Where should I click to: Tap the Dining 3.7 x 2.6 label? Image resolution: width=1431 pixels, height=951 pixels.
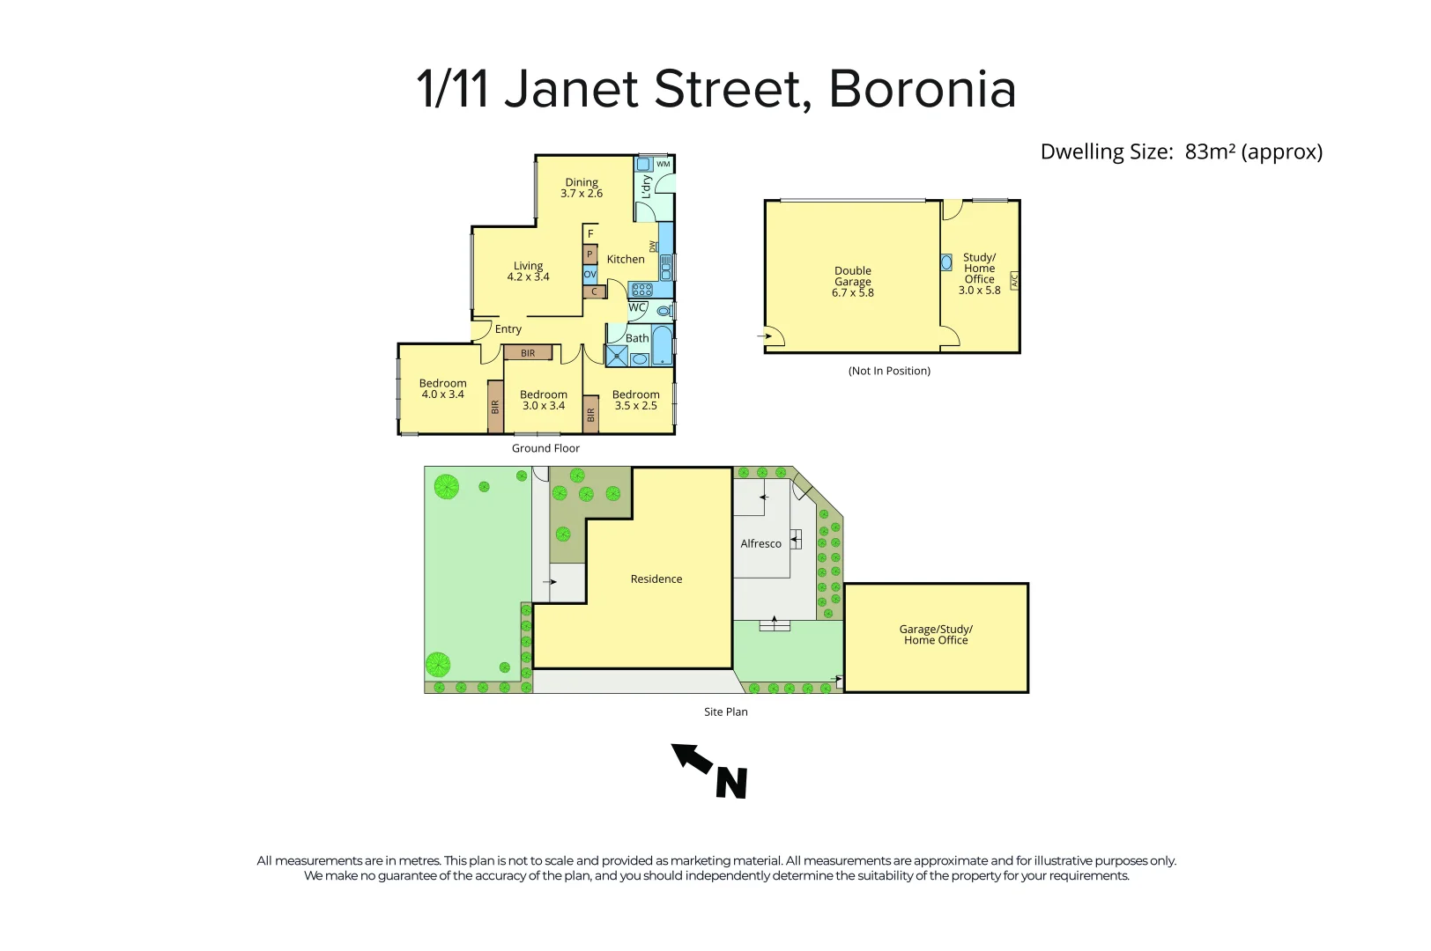[582, 188]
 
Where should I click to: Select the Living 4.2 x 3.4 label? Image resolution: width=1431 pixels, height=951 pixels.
[528, 271]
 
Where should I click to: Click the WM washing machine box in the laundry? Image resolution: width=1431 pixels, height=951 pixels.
[663, 164]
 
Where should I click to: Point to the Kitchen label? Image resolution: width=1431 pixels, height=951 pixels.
[626, 259]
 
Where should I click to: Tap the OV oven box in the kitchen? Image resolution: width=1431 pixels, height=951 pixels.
[590, 275]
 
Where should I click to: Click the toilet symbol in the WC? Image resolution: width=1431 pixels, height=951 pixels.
[664, 310]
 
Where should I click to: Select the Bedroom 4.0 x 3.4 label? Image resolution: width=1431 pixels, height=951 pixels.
[442, 388]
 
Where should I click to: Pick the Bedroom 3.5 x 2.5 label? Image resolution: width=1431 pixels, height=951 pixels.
[635, 400]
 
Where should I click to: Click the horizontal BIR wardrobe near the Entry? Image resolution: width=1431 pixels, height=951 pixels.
[528, 353]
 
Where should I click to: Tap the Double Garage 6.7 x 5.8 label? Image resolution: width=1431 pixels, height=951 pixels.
[852, 282]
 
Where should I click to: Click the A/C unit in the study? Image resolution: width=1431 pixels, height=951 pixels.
[1013, 282]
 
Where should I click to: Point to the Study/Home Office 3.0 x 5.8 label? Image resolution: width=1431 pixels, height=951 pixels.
[979, 274]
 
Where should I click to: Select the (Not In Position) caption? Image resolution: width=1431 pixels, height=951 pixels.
[889, 371]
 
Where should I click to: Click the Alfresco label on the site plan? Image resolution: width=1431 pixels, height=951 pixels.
[760, 543]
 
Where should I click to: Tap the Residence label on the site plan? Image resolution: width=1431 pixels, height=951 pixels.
[656, 579]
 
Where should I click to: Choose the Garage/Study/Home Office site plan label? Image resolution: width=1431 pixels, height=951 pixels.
[936, 635]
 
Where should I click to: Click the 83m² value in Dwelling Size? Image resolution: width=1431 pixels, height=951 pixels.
[1210, 151]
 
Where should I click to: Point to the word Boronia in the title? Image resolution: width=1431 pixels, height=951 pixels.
[923, 89]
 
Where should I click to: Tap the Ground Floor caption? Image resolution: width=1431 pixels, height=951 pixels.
[545, 448]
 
